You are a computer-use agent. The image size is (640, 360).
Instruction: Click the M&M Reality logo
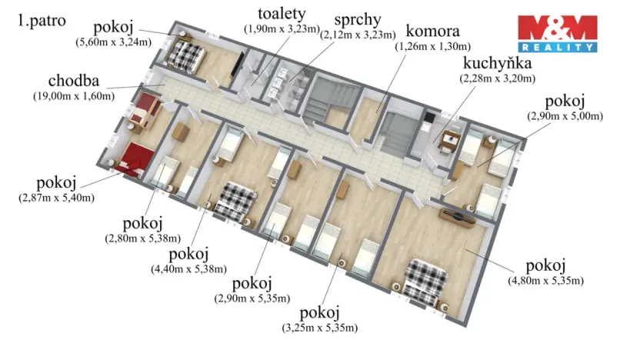(x=556, y=33)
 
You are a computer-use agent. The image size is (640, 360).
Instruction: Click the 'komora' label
(x=433, y=32)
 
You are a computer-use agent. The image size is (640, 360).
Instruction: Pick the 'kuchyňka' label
(x=498, y=64)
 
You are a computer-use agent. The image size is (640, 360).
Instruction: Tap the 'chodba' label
(x=74, y=81)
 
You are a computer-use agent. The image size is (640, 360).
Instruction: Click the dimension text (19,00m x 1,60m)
(x=74, y=96)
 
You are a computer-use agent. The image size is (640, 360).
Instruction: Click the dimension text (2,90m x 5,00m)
(x=565, y=116)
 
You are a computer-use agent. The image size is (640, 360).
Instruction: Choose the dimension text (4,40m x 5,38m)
(x=189, y=269)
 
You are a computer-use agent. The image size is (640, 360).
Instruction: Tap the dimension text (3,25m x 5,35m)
(x=319, y=328)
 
